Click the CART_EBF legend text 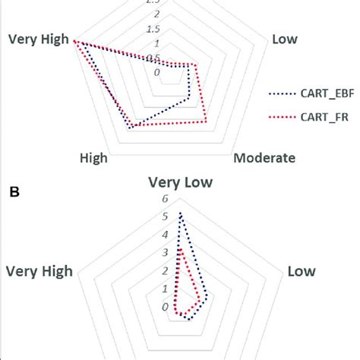[x=325, y=93]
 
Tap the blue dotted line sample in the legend [x=282, y=94]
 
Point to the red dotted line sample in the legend [x=282, y=117]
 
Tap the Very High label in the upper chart [x=37, y=39]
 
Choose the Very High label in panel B [x=39, y=271]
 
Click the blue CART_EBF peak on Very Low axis [x=180, y=213]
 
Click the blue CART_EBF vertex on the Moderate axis [x=188, y=98]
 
